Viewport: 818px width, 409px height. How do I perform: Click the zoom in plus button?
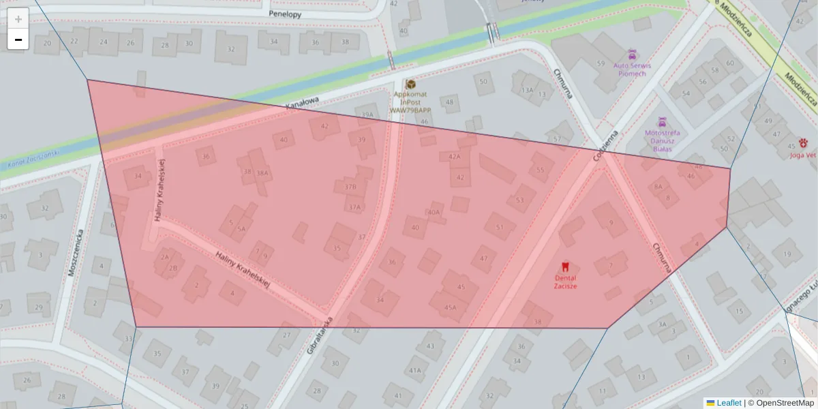[x=18, y=18]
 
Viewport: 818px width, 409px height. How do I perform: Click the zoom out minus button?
[x=18, y=40]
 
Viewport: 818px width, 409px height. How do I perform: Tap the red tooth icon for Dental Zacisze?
[x=564, y=267]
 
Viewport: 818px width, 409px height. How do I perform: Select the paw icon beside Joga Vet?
[x=805, y=144]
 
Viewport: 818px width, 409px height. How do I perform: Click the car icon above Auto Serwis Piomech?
[x=632, y=53]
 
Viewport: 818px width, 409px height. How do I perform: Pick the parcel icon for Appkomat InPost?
[x=410, y=84]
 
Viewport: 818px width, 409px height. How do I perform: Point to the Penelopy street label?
[x=285, y=13]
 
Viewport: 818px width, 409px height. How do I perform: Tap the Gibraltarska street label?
[x=320, y=335]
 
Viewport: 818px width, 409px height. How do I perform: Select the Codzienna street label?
[x=605, y=145]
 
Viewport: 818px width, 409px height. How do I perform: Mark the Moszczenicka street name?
[x=75, y=252]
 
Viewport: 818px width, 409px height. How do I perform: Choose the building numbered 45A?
[x=450, y=307]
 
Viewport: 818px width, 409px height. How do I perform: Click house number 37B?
[x=350, y=186]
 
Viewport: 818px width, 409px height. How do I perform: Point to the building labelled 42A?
[x=455, y=157]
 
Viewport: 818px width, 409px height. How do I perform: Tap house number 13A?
[x=527, y=90]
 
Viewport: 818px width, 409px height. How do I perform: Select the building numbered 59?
[x=601, y=63]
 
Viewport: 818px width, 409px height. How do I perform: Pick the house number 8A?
[x=658, y=186]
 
